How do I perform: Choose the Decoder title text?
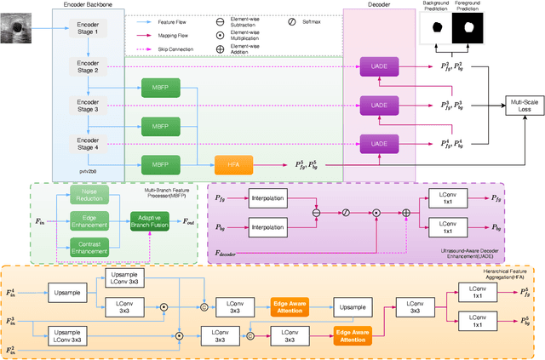[x=378, y=5]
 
